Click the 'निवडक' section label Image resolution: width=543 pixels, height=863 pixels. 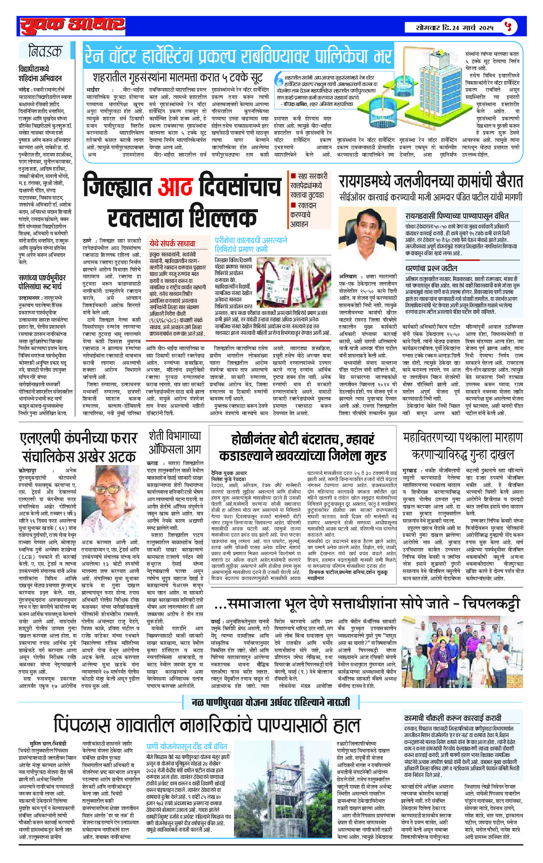45,52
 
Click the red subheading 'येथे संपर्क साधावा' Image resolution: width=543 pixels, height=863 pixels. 172,243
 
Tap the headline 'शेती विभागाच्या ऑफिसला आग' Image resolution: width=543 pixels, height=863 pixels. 175,442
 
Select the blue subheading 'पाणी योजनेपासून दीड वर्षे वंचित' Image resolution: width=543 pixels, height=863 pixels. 187,746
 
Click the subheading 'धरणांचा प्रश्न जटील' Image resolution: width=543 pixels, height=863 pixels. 431,268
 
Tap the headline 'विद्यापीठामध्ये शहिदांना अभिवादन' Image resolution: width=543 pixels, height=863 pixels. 40,73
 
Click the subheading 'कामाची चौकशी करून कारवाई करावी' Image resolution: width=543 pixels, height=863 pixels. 452,718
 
